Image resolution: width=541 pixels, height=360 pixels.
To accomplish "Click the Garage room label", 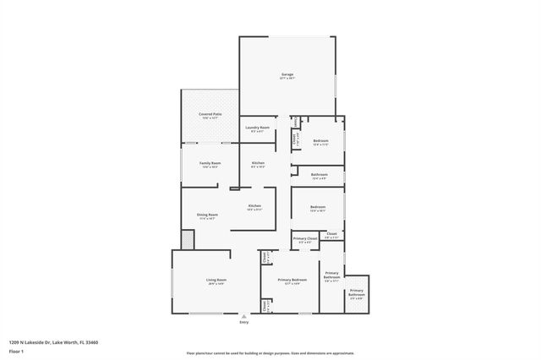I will [287, 74].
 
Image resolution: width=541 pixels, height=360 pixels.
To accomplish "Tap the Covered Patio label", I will [210, 114].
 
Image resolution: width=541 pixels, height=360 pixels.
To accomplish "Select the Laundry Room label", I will [258, 128].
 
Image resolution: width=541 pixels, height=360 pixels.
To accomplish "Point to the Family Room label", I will [210, 162].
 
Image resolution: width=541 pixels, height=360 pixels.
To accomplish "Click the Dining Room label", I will [208, 215].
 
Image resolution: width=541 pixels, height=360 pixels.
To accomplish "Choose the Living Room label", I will [216, 281].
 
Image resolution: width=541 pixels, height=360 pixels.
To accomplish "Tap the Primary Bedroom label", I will [292, 281].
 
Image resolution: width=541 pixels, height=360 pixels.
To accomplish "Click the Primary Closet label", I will [305, 239].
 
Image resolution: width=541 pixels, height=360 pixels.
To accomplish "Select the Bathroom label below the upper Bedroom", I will [320, 175].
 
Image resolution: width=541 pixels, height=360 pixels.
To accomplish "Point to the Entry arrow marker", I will [244, 315].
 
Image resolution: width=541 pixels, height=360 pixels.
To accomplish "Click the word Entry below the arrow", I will [244, 322].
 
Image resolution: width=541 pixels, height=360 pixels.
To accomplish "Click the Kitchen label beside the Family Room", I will [258, 162].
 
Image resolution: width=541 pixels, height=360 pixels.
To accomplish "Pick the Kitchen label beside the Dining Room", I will [254, 206].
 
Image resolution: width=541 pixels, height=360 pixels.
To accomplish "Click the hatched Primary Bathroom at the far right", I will [357, 294].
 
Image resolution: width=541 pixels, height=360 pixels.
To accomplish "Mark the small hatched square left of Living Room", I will [188, 241].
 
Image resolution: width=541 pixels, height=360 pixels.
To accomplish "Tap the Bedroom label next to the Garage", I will [320, 141].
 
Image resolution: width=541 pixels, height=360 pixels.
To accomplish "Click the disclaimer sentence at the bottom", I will [270, 352].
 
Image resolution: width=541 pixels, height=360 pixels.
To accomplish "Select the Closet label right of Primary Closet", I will [332, 234].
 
